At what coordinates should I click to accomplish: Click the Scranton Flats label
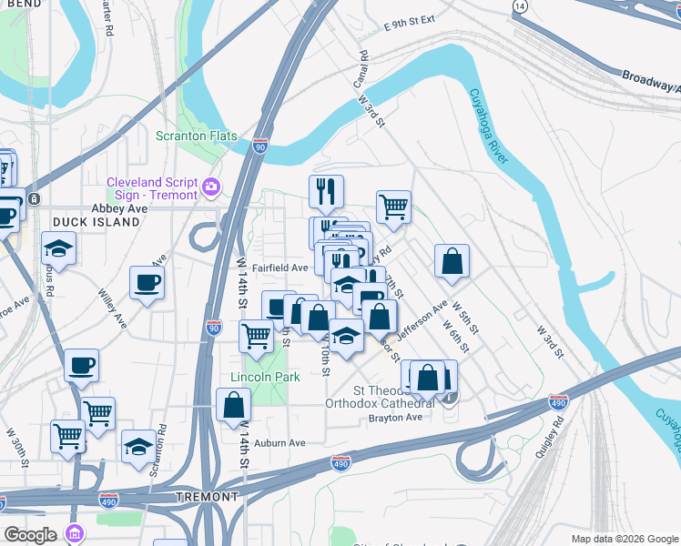tap(196, 136)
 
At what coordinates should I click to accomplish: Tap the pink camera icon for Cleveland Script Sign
tap(211, 187)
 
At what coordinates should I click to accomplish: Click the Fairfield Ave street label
tap(280, 268)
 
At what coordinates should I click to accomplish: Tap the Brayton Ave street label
tap(396, 417)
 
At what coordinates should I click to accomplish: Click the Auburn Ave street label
tap(280, 443)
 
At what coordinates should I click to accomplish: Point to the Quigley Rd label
tap(551, 437)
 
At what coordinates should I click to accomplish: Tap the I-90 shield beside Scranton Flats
tap(260, 146)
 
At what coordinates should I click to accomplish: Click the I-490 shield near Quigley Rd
tap(559, 401)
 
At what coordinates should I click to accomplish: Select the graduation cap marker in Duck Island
tap(58, 249)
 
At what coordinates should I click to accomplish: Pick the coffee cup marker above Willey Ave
tap(147, 283)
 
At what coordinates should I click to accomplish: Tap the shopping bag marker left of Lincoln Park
tap(234, 405)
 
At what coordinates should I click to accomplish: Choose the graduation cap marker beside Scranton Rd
tap(138, 447)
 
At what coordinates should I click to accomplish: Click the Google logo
tap(31, 535)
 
